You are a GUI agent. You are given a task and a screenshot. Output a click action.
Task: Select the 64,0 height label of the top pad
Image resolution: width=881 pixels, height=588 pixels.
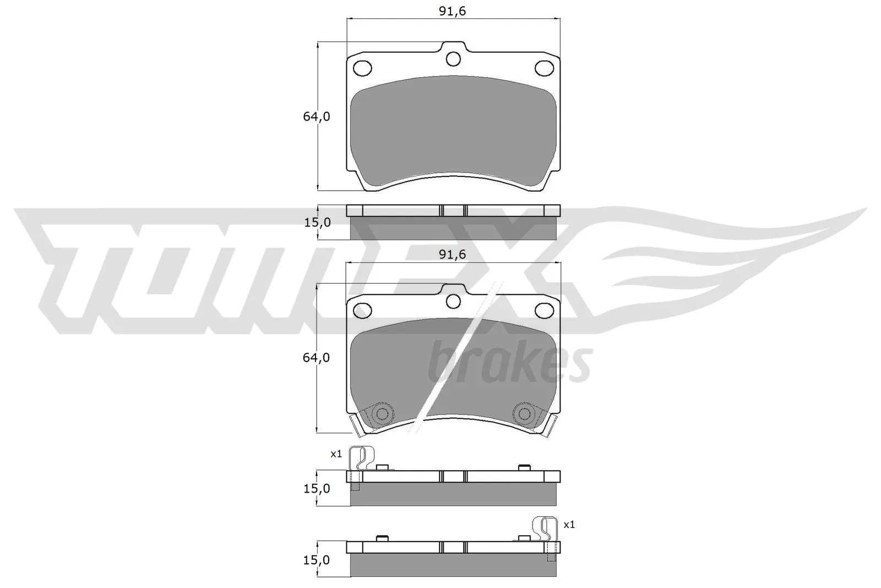point(316,117)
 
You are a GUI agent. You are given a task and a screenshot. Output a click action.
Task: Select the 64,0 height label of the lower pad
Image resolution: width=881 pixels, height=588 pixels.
point(316,358)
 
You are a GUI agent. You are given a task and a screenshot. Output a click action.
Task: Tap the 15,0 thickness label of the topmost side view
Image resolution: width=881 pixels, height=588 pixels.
point(317,223)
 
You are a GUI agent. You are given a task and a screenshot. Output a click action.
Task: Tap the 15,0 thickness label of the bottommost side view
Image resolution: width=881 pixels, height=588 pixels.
point(317,560)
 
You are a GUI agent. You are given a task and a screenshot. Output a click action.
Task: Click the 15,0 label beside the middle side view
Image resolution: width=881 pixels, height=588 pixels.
point(317,488)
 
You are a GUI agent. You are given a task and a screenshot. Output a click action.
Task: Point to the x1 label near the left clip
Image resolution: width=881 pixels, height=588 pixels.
point(336,454)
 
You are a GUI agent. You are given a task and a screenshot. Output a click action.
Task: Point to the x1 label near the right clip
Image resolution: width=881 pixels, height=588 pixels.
point(569,525)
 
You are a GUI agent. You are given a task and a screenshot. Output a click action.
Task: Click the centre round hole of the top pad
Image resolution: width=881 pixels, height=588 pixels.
point(453,58)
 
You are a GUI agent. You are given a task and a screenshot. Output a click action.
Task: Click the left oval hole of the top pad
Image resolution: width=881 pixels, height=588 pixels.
point(362,68)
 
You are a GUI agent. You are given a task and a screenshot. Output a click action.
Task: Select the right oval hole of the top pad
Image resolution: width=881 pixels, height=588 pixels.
point(545,68)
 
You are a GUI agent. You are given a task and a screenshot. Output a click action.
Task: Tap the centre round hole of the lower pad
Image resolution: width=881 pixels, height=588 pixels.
point(453,300)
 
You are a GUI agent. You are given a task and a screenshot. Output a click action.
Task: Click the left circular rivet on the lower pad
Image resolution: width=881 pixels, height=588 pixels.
point(380,413)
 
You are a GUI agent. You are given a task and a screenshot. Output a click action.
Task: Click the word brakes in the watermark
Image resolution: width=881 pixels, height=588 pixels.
point(509,362)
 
